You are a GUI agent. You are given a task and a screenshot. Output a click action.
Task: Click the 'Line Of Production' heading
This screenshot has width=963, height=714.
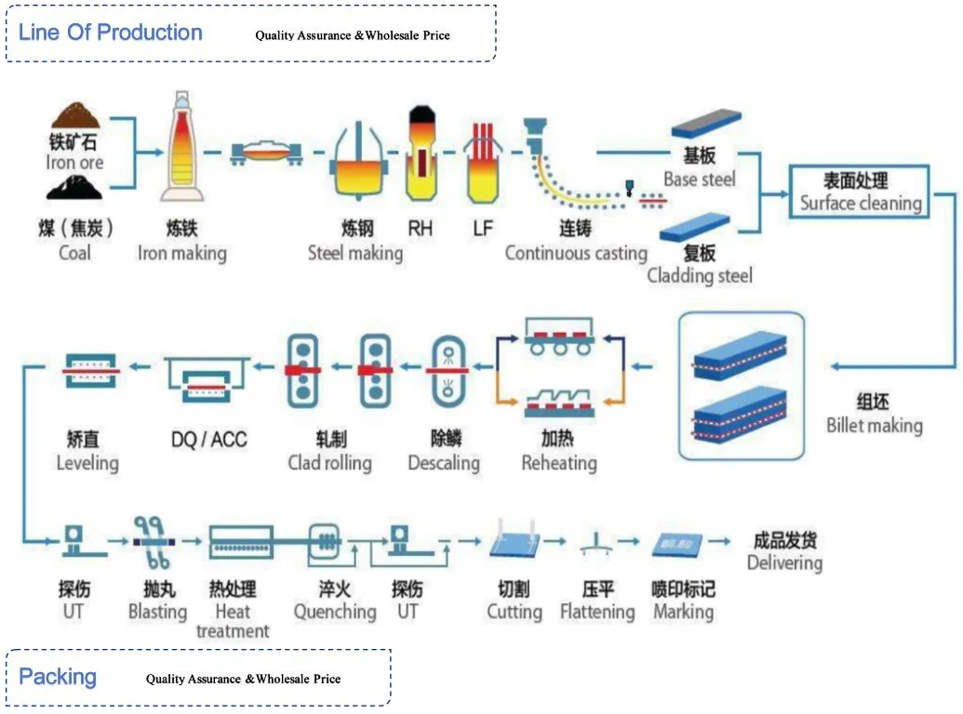[111, 33]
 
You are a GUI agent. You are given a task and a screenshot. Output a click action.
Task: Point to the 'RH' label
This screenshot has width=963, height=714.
[421, 228]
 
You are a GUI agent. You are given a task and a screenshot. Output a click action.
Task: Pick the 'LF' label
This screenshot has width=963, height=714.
[482, 228]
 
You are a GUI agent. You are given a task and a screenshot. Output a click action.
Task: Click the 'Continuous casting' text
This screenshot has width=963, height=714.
[576, 253]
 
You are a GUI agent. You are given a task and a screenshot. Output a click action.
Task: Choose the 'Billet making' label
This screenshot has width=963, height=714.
[874, 426]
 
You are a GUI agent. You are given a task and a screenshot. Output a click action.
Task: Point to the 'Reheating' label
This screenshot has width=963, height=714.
[558, 462]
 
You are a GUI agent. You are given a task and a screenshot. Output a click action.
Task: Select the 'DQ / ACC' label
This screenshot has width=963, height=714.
[209, 439]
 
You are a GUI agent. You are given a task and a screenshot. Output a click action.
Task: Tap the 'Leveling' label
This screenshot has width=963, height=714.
[87, 462]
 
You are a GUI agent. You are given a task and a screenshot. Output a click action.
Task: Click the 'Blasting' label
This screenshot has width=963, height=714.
[157, 612]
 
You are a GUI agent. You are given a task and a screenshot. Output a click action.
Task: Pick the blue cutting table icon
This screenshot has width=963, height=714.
[515, 541]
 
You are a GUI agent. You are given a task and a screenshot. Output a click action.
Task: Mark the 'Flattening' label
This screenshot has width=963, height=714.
[597, 612]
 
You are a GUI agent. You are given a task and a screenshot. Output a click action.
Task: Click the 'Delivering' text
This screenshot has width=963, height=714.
[784, 562]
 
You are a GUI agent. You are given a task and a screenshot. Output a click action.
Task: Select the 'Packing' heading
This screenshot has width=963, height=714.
[58, 676]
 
